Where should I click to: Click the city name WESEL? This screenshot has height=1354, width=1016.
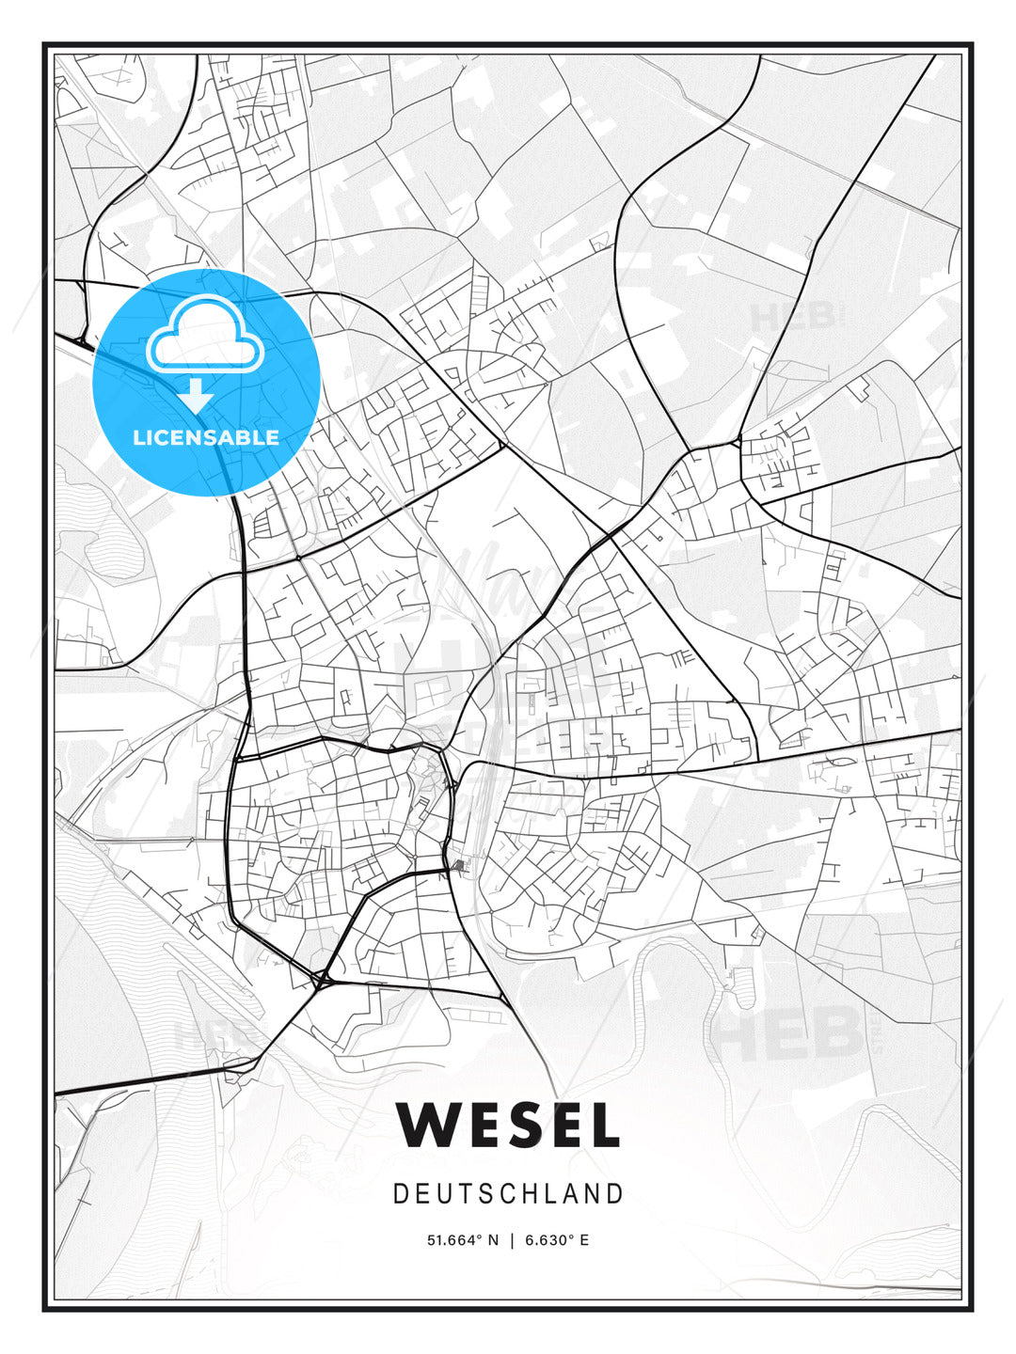(x=508, y=1124)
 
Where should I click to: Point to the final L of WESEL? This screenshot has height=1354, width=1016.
(x=607, y=1124)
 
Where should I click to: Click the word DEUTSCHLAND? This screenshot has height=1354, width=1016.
(x=508, y=1194)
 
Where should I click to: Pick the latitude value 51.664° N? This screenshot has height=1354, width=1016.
(x=462, y=1240)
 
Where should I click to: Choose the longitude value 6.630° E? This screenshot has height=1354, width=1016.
(x=557, y=1240)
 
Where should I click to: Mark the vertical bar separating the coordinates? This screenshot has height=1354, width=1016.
(x=512, y=1240)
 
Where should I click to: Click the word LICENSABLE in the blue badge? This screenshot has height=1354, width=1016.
(x=206, y=437)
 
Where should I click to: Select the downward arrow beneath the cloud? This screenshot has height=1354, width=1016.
(x=196, y=395)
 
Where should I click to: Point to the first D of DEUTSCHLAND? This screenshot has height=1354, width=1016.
(x=401, y=1194)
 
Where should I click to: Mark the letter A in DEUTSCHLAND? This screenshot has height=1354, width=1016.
(x=578, y=1194)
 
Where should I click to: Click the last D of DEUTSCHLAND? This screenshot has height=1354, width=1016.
(x=616, y=1194)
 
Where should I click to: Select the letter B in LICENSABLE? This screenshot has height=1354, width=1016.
(x=243, y=437)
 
